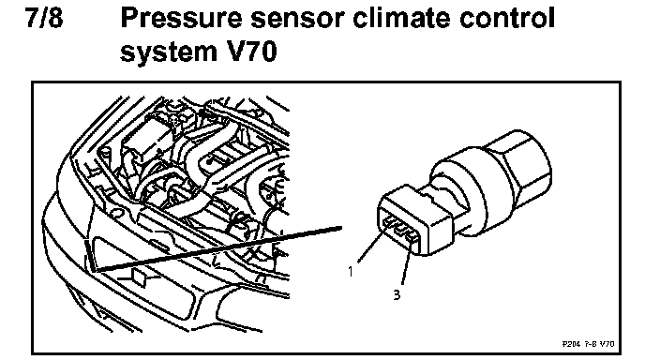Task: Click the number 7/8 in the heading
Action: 45,18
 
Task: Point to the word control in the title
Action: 507,19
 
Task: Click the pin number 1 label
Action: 351,272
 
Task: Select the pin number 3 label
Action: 397,294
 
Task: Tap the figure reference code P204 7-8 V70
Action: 588,343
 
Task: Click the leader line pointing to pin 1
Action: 370,246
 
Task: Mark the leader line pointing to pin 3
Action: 406,264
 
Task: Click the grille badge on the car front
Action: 138,277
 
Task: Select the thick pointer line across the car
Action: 217,249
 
